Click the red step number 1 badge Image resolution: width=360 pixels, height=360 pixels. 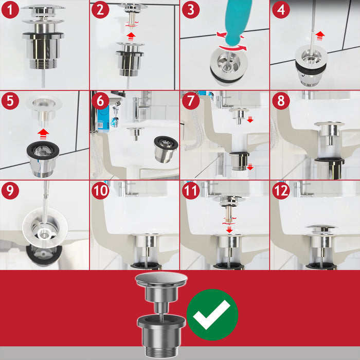(10, 10)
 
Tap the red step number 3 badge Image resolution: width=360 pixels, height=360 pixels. (191, 10)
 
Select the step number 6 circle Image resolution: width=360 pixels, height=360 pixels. (100, 101)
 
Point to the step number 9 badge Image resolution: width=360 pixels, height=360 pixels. (10, 190)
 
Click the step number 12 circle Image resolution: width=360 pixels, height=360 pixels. (281, 190)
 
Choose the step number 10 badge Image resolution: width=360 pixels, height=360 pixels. (100, 190)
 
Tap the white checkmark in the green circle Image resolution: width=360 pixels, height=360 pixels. (211, 314)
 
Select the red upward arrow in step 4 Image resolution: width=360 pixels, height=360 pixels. (320, 36)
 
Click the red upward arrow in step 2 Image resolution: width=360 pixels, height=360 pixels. (131, 37)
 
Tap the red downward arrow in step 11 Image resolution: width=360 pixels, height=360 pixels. (229, 229)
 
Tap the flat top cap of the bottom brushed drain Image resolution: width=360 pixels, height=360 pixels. (161, 279)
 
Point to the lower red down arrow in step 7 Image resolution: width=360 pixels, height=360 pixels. (250, 167)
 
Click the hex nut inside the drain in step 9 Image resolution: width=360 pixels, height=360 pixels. (45, 233)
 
